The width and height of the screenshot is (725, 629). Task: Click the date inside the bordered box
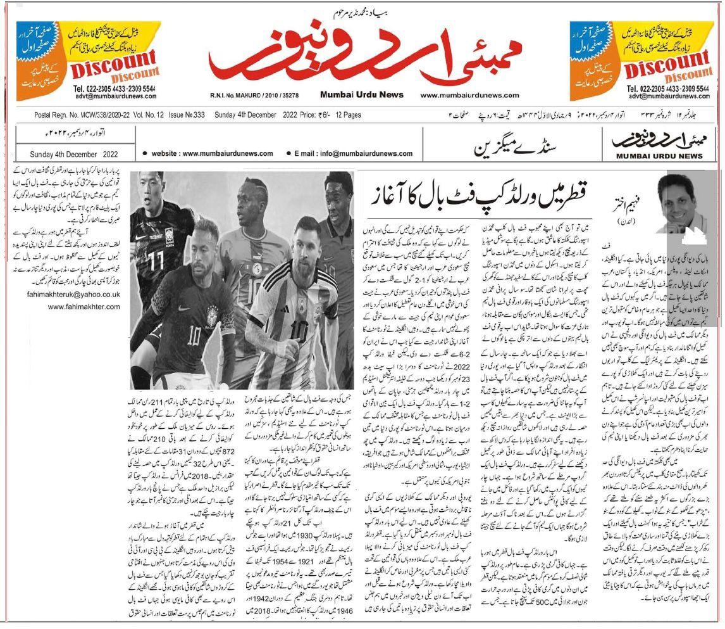(x=74, y=154)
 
